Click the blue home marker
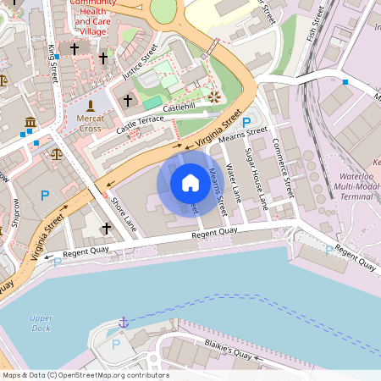190,182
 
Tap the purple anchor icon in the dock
124,323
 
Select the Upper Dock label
41,323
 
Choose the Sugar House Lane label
256,178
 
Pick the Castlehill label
179,108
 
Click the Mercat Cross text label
91,123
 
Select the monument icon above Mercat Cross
91,107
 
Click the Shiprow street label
17,213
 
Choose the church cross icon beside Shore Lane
107,229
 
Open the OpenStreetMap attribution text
86,375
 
